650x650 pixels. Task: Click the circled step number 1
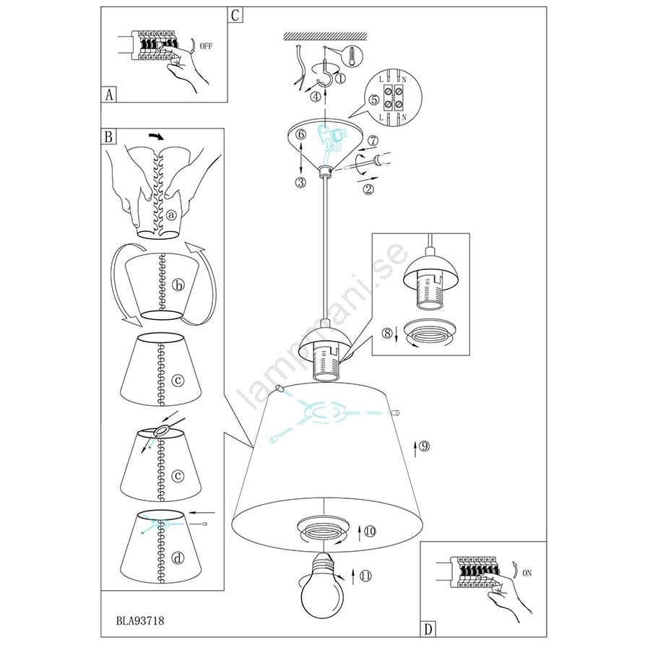pos(340,77)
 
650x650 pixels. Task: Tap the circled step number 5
pos(374,100)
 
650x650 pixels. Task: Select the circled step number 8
pos(387,333)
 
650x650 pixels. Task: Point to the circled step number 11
pos(365,576)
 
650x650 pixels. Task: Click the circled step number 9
pos(424,446)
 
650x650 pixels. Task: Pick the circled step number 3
pos(300,182)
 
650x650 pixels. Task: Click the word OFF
pos(206,46)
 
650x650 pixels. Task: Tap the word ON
pos(527,573)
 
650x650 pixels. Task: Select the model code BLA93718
pos(140,620)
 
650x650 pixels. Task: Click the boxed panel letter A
pos(109,95)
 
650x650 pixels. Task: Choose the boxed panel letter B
pos(108,136)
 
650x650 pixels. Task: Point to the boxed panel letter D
pos(428,629)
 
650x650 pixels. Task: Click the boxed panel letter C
pos(235,15)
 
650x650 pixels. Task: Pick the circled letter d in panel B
pos(178,558)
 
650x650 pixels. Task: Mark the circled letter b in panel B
pos(178,285)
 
